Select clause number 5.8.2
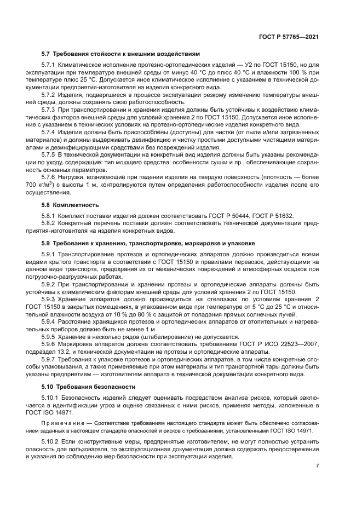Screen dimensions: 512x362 pyautogui.click(x=49, y=223)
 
